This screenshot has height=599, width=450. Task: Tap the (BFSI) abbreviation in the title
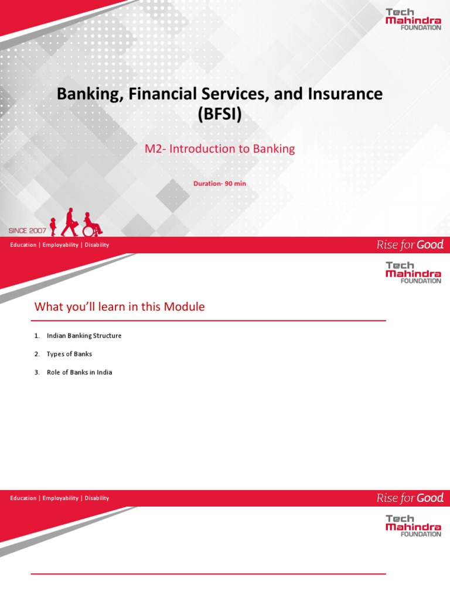coord(220,114)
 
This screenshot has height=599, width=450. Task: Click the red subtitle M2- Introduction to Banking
coord(220,149)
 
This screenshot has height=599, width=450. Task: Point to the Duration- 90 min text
coord(220,184)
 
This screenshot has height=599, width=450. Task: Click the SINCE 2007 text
coord(28,230)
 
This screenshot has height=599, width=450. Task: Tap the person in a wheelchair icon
coord(91,224)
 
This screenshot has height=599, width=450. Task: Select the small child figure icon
coord(53,226)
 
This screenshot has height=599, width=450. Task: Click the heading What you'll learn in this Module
coord(120,307)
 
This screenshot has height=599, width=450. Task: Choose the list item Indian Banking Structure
coord(84,336)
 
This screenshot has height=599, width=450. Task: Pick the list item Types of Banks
coord(69,354)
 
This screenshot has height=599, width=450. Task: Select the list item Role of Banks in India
coord(79,373)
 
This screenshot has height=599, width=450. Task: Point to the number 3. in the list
coord(37,373)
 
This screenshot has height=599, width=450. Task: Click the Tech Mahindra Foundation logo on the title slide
coord(413,19)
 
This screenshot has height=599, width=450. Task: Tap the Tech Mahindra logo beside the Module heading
coord(413,273)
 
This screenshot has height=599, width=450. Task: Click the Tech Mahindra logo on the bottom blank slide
coord(413,526)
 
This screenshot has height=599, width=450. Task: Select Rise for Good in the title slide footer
coord(410,245)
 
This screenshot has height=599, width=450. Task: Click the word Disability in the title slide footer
coord(97,245)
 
